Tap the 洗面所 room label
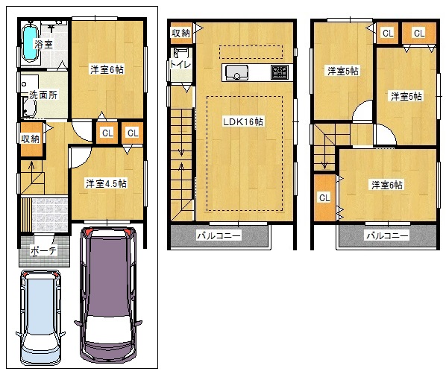coord(43,95)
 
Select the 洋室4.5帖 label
coord(107,183)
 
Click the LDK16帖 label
coord(243,121)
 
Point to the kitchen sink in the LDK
coord(236,72)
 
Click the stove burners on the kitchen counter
coord(280,72)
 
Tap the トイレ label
coord(180,65)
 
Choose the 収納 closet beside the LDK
coord(181,33)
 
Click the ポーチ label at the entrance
coord(43,250)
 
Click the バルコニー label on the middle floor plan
coord(219,235)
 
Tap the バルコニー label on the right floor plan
coord(387,235)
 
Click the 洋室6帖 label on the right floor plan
coord(387,185)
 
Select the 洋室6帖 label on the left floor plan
coord(107,69)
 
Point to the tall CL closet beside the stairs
coord(325,197)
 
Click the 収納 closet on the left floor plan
coord(32,139)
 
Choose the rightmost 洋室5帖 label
coord(406,97)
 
